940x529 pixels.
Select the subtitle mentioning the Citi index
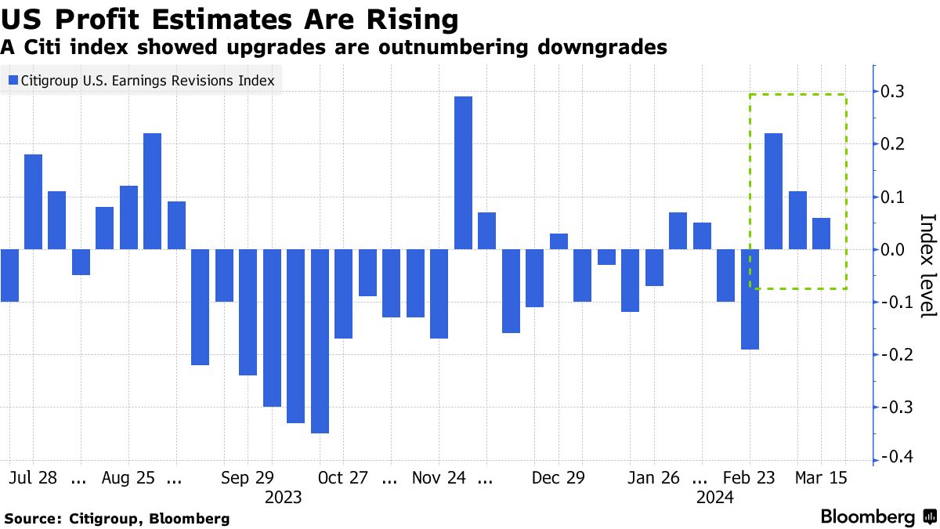[334, 47]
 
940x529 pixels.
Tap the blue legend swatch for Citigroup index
[13, 80]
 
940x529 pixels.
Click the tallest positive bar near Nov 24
[463, 172]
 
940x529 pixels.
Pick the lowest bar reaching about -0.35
[320, 341]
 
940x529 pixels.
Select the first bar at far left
[9, 275]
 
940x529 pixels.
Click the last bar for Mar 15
[821, 234]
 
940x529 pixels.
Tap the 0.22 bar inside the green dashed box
[773, 191]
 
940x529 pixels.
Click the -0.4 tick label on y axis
[893, 458]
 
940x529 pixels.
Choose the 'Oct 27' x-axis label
[343, 477]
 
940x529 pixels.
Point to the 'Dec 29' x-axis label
[558, 477]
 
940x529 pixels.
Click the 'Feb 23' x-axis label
[749, 477]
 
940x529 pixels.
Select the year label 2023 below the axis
[283, 497]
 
